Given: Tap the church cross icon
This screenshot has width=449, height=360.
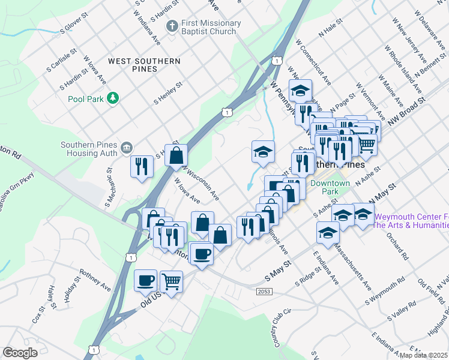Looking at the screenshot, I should pos(172,27).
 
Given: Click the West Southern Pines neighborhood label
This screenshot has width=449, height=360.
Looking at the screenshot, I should pos(144,65).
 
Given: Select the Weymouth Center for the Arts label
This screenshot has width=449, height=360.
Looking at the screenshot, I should pos(411,221).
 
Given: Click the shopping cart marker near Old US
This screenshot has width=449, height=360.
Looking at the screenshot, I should pos(172,280).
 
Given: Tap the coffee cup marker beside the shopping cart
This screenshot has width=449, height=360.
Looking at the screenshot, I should pos(145,280).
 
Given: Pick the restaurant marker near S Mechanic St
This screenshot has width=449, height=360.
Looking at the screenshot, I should pos(142,166).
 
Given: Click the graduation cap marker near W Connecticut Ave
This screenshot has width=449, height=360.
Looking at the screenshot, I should pos(300,91).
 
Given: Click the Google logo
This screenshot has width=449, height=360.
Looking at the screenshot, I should pos(20,353).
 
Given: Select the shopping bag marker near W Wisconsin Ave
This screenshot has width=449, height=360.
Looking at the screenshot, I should pos(176,155).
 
